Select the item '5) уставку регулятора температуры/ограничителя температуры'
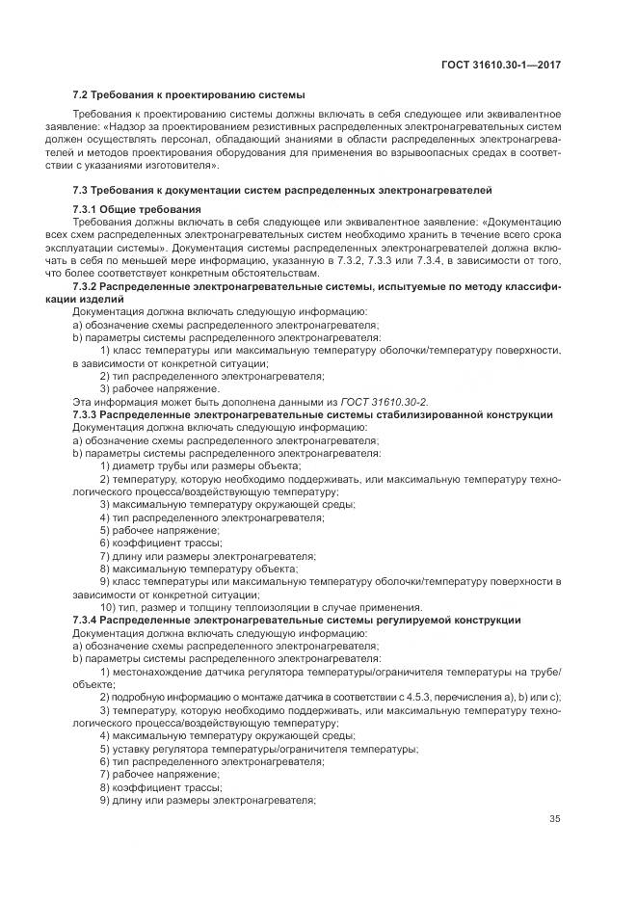pyautogui.click(x=258, y=749)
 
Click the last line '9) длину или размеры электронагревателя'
pyautogui.click(x=207, y=800)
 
